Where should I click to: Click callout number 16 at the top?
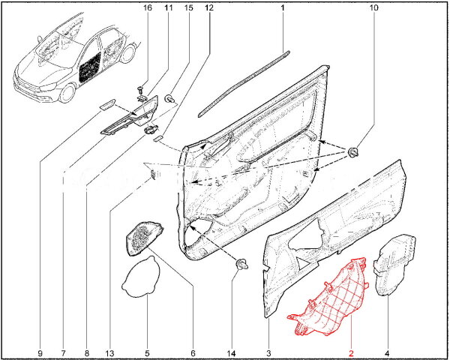147,7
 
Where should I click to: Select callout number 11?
168,7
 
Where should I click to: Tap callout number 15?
188,7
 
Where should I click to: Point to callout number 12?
208,7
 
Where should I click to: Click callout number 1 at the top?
283,7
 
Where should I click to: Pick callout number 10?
374,7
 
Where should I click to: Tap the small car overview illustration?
75,60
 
